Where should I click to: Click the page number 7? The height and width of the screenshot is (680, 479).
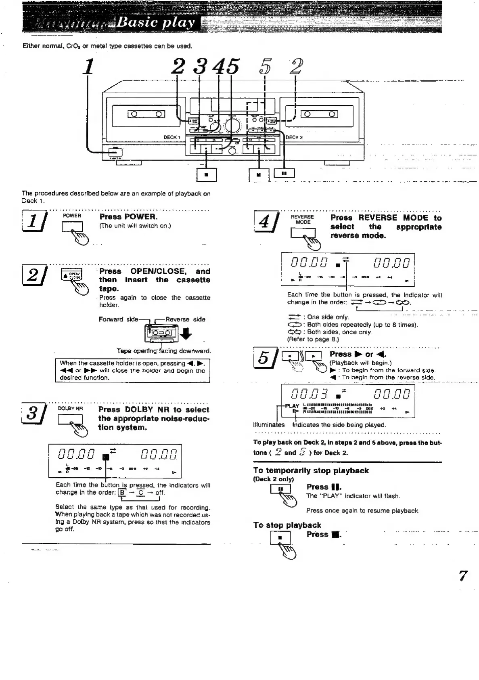[x=463, y=575]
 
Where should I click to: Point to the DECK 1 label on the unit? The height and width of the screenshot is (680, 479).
[x=172, y=137]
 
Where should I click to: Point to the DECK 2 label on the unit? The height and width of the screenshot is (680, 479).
[x=294, y=137]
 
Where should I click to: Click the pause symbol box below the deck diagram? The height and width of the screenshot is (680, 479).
[x=284, y=173]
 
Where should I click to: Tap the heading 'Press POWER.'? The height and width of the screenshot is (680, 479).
[x=128, y=216]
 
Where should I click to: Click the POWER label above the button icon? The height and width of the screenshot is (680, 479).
[x=72, y=216]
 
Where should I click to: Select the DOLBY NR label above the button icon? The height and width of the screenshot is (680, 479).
[x=70, y=408]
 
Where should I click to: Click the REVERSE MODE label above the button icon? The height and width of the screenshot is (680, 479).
[x=303, y=219]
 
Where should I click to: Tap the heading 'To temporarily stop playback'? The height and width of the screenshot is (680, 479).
[x=311, y=470]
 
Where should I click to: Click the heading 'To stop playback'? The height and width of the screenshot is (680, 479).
[x=287, y=525]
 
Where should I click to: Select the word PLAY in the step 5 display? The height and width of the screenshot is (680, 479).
[x=292, y=406]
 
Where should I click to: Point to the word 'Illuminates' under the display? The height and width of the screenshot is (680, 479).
[x=269, y=425]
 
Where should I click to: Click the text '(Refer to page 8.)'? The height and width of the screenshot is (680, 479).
[x=313, y=339]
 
